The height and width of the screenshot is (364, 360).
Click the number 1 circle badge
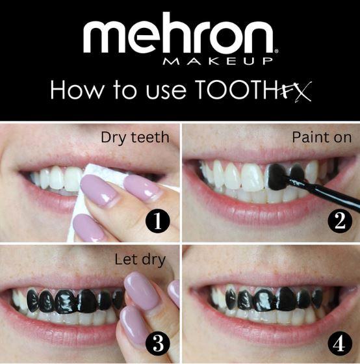point(157,222)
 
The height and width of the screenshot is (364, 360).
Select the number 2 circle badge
point(339,222)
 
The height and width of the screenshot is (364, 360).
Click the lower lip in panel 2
point(260,214)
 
